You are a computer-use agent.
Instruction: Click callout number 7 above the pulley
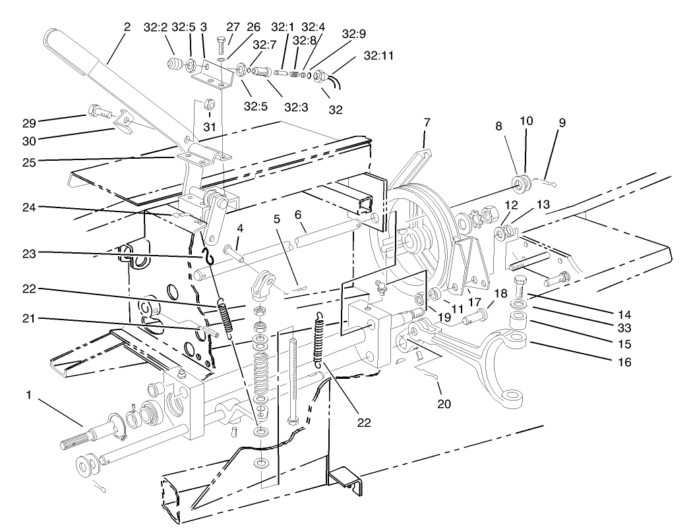(427, 122)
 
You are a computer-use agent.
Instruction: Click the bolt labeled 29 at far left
(95, 112)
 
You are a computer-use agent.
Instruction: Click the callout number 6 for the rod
(297, 215)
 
